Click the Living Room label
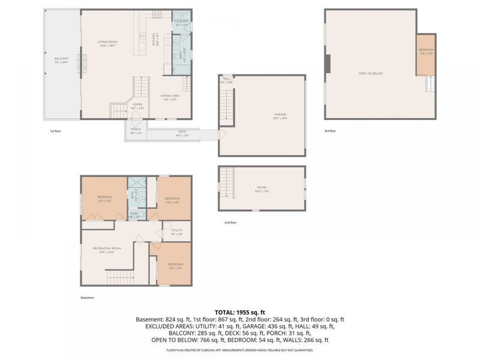point(108,42)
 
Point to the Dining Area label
point(170,96)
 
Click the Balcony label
point(61,59)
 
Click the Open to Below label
point(371,73)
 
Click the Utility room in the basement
point(176,231)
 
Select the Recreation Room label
point(107,249)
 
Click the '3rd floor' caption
point(331,131)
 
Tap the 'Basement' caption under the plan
point(88,298)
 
